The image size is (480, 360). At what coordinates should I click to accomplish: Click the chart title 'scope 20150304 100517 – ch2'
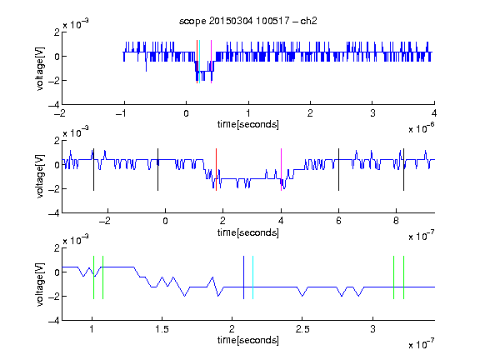[x=248, y=21]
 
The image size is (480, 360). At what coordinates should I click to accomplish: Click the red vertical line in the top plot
[x=197, y=62]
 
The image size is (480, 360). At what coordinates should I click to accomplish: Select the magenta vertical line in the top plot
[x=211, y=62]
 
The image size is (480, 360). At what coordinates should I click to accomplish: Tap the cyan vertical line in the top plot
[x=200, y=62]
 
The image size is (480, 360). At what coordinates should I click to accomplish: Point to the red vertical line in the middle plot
[x=216, y=170]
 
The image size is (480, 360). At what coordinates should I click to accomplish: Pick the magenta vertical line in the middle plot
[x=281, y=170]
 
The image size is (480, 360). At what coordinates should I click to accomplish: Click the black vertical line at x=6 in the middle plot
[x=338, y=170]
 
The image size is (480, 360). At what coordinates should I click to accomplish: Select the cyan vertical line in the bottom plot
[x=252, y=277]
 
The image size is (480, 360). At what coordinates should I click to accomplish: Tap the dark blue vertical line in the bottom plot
[x=243, y=277]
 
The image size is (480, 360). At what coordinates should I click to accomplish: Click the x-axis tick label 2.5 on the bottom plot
[x=302, y=329]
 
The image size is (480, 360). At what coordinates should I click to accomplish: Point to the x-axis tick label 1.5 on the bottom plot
[x=162, y=329]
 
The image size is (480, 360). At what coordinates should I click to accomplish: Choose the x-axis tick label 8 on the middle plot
[x=396, y=221]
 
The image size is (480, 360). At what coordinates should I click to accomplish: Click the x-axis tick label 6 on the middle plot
[x=338, y=221]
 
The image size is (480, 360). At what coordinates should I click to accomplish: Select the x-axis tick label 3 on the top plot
[x=372, y=113]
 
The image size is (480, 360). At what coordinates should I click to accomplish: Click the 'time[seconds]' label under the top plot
[x=248, y=124]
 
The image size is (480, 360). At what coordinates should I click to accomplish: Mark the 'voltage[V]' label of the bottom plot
[x=40, y=284]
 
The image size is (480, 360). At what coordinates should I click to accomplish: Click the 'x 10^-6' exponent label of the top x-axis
[x=422, y=127]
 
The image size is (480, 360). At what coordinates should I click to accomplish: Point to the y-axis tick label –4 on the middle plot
[x=54, y=212]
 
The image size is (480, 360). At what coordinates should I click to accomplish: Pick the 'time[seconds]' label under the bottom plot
[x=248, y=340]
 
